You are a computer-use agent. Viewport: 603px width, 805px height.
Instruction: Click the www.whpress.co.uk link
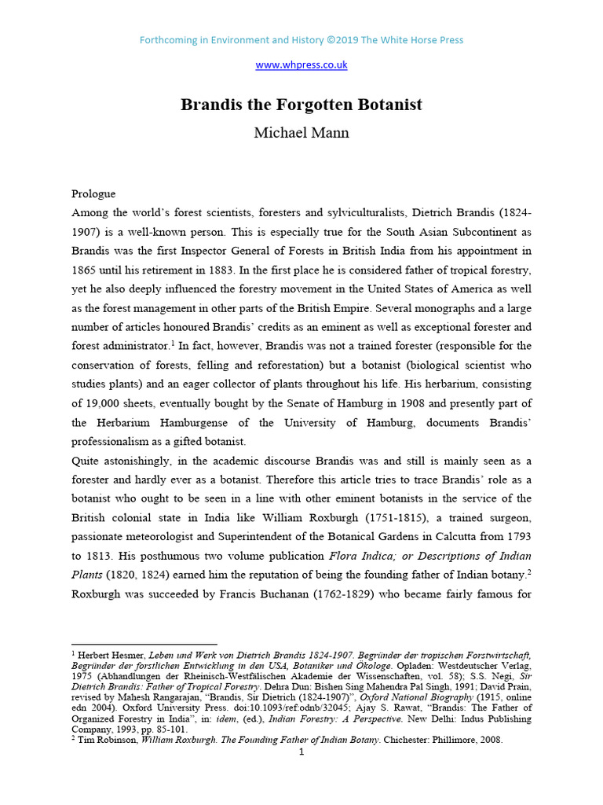click(x=301, y=64)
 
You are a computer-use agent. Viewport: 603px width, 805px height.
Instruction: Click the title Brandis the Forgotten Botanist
click(x=301, y=105)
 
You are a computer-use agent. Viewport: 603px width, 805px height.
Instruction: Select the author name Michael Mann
click(x=301, y=132)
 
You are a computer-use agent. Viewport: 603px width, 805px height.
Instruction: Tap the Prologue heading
click(x=93, y=193)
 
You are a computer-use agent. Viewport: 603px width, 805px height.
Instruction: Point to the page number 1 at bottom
click(x=301, y=752)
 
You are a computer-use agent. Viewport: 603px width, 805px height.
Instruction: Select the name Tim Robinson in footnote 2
click(x=107, y=739)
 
